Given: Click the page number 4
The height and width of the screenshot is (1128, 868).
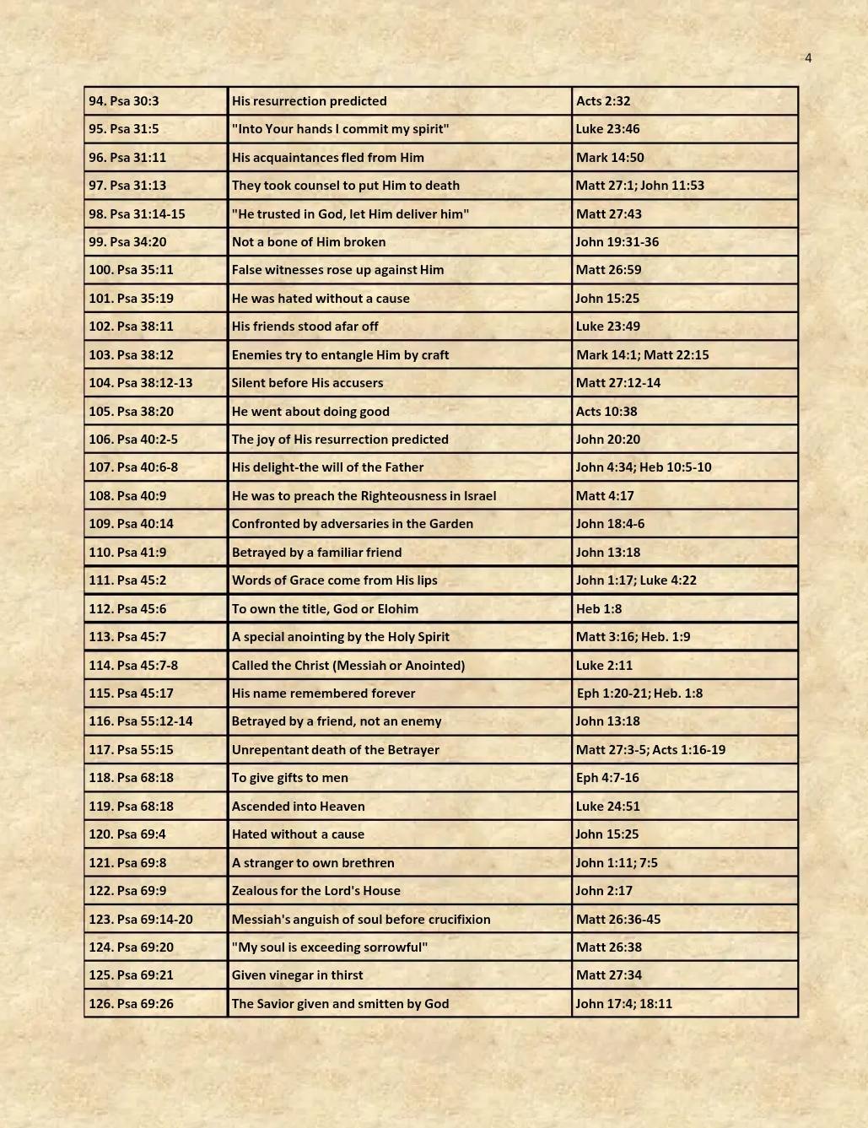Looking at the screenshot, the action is click(808, 58).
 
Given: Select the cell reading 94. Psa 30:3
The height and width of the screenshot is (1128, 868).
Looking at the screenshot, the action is click(124, 101).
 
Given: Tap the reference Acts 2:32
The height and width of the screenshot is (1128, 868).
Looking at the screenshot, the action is click(603, 101).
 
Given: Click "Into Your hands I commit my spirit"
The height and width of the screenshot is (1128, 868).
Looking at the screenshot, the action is click(340, 129).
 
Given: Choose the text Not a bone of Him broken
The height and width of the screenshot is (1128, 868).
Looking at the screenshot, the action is click(309, 242).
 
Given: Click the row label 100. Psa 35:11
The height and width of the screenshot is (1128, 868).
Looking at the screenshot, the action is click(131, 270).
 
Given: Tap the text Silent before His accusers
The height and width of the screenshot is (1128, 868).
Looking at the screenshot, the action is click(307, 383).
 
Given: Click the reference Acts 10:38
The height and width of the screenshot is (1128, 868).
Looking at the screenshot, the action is click(607, 412).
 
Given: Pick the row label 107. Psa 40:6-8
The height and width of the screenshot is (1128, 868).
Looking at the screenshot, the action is click(133, 467).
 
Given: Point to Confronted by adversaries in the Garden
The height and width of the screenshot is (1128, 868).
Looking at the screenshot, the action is click(352, 524).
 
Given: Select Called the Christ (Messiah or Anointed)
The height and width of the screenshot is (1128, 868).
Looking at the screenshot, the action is click(348, 666).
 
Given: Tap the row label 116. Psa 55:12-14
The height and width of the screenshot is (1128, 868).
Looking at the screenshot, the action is click(141, 721).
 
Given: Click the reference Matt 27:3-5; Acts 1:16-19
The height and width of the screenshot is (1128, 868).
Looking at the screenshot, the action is click(650, 750).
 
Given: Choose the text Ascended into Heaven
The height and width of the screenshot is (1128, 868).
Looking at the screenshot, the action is click(298, 807).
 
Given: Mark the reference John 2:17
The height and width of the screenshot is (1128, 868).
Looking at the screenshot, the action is click(604, 891).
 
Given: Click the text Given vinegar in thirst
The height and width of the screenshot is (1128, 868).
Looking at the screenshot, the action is click(297, 975).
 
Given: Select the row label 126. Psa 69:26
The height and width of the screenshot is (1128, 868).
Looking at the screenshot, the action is click(131, 1004).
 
